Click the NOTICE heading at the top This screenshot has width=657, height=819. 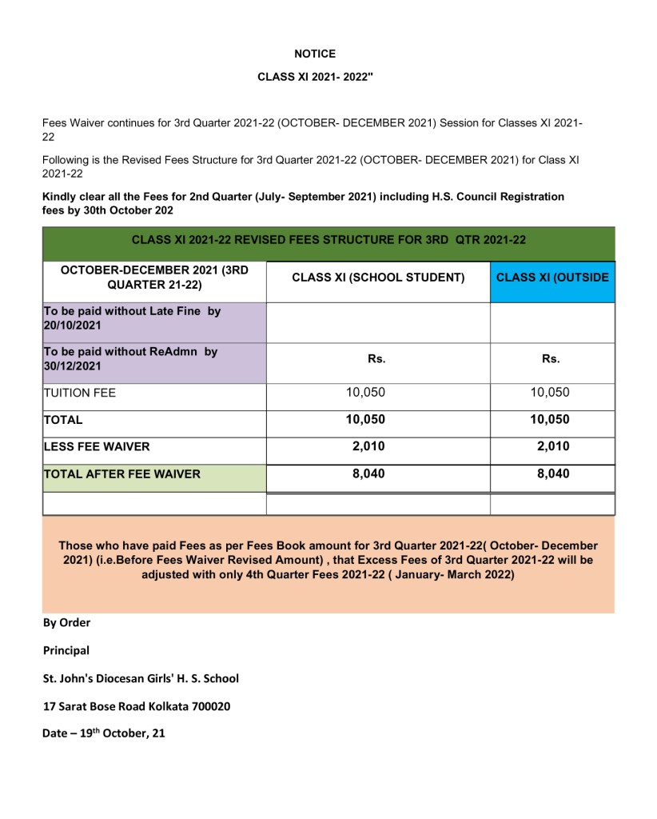[x=315, y=54]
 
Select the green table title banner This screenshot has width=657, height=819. [x=328, y=239]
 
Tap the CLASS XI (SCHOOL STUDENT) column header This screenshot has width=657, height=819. [x=378, y=278]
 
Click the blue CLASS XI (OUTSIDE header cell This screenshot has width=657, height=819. [x=552, y=278]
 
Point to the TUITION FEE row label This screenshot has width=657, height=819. [x=80, y=394]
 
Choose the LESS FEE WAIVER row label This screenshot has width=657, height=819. [x=97, y=447]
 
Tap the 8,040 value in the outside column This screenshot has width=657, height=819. [x=553, y=473]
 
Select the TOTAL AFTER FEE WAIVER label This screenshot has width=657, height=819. [x=122, y=474]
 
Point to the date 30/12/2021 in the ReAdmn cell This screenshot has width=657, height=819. [x=74, y=366]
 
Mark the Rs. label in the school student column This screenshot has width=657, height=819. [x=376, y=359]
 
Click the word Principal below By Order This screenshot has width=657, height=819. [x=66, y=650]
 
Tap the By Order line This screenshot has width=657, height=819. [x=67, y=622]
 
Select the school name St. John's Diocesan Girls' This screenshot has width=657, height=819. [x=141, y=678]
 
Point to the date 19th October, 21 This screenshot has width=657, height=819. [x=104, y=733]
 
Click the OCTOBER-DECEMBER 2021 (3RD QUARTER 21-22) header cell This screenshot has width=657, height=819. [x=154, y=278]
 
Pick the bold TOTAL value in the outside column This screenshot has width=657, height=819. [x=553, y=419]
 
